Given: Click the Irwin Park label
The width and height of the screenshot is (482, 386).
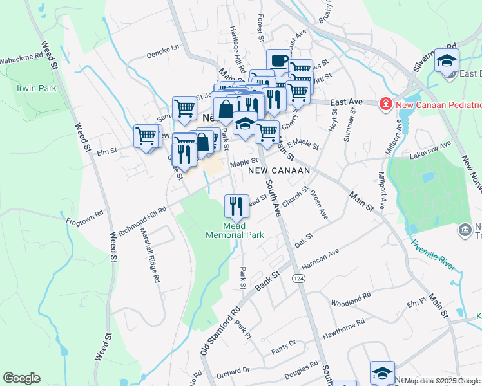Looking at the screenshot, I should click(x=37, y=88).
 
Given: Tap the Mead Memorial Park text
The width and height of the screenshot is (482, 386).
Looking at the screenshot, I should click(x=235, y=230).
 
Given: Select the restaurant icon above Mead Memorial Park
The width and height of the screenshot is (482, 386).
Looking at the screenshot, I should click(x=236, y=206).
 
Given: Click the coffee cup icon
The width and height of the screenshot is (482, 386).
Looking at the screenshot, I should click(x=278, y=61).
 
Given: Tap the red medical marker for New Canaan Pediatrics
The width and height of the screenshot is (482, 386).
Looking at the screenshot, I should click(x=385, y=104).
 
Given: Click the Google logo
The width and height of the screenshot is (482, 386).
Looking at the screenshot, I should click(x=21, y=378).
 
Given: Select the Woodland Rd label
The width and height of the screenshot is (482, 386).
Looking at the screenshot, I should click(x=351, y=298).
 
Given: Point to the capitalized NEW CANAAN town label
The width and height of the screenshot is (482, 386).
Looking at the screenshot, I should click(x=279, y=170).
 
